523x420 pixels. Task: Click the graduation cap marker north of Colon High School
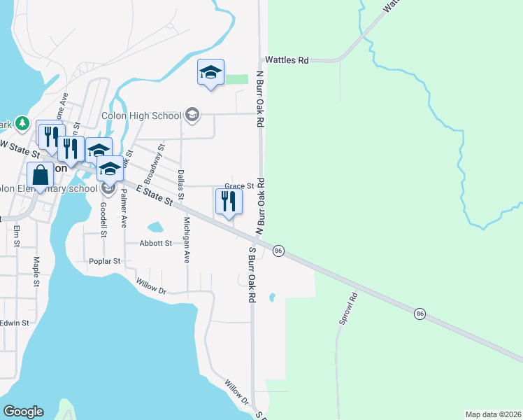(x=210, y=73)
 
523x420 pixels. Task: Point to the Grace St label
(x=238, y=186)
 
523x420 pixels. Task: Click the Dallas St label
(x=180, y=181)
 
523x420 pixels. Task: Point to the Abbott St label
(x=155, y=243)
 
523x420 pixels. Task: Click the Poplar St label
(x=105, y=260)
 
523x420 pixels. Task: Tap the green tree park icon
(x=22, y=123)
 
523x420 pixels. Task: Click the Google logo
(x=23, y=412)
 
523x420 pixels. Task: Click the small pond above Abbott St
(x=155, y=227)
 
